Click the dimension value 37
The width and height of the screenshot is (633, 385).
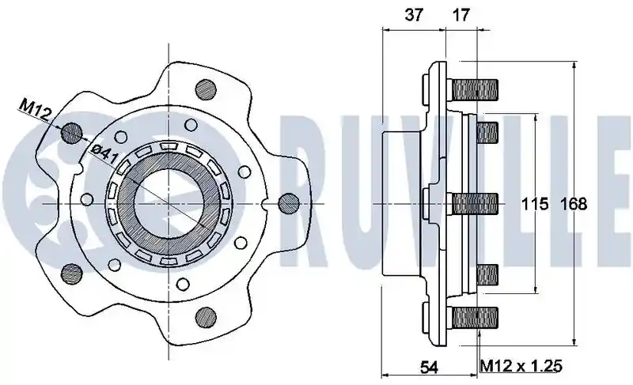(x=414, y=14)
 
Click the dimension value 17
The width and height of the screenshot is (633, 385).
(x=461, y=14)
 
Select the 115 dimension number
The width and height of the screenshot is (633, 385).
(x=535, y=205)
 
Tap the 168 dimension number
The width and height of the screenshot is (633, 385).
(x=574, y=205)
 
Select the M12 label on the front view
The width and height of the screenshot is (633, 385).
(x=35, y=111)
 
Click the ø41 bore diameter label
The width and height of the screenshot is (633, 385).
(x=104, y=153)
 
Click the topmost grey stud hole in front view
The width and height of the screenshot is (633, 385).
(x=206, y=89)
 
